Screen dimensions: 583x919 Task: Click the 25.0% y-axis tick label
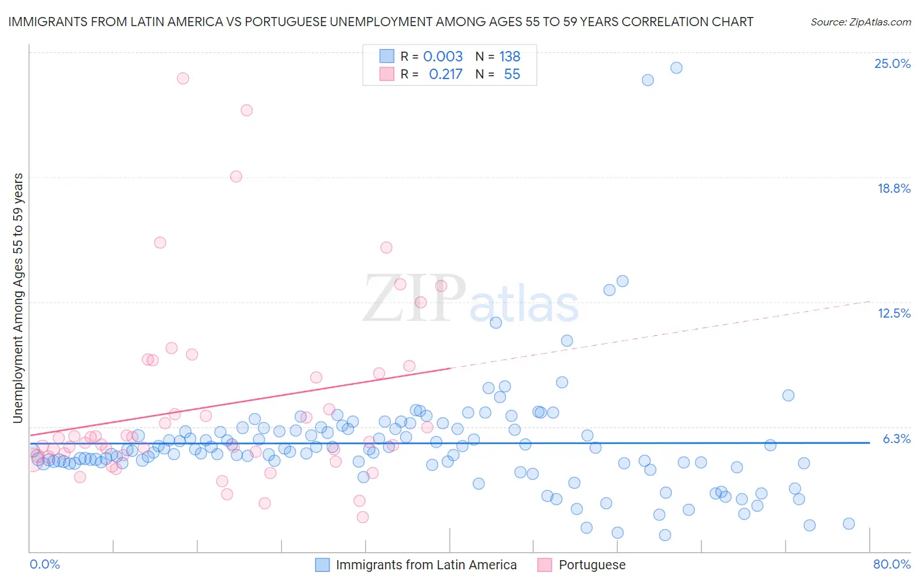(892, 63)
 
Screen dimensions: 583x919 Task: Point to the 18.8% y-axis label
(894, 188)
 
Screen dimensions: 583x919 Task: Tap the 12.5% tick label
(894, 313)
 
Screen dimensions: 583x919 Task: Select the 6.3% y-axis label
(896, 439)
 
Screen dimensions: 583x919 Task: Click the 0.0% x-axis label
(44, 564)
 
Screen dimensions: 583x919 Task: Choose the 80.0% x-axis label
(892, 564)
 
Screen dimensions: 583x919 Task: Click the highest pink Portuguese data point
(183, 78)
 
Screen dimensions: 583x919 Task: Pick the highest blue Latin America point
(677, 68)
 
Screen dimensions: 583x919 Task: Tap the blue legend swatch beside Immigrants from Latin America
(322, 565)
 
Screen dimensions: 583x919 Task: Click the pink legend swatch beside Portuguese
(544, 565)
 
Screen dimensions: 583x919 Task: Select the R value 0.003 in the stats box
(443, 57)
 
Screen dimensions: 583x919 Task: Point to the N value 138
(510, 57)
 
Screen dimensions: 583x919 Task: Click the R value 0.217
(445, 75)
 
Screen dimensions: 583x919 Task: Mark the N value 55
(512, 75)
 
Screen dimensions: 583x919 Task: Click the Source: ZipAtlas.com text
(860, 22)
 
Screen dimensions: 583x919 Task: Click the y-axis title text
(18, 298)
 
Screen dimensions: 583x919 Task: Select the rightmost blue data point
(848, 524)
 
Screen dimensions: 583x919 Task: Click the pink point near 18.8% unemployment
(236, 176)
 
